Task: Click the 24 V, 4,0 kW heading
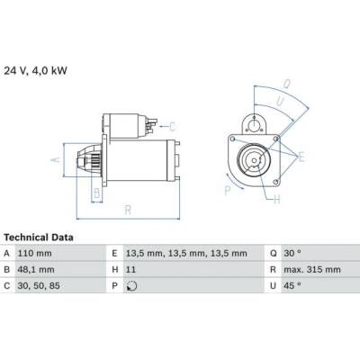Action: [35, 71]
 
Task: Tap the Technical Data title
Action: [39, 238]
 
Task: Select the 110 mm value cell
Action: [34, 254]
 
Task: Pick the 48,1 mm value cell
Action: [36, 270]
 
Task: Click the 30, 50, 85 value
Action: [39, 286]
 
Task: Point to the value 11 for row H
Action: [130, 270]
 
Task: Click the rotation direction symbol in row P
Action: [131, 286]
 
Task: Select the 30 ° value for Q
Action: [292, 254]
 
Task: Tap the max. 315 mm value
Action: [312, 270]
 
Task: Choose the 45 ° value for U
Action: [292, 286]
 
